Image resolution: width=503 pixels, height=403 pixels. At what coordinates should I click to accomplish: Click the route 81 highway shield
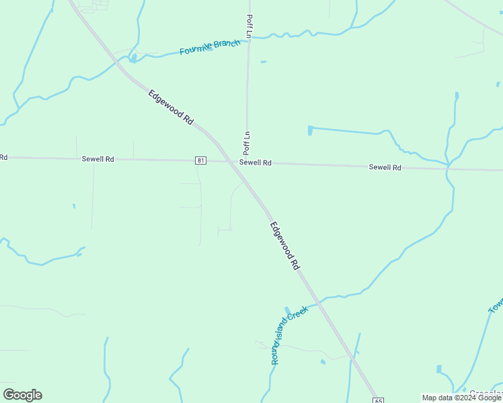click(201, 161)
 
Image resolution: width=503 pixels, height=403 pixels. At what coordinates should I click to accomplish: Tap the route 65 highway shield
click(379, 400)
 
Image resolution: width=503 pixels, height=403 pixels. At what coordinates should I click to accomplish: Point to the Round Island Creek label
click(289, 335)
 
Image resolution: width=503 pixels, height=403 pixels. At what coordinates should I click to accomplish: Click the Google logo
click(22, 395)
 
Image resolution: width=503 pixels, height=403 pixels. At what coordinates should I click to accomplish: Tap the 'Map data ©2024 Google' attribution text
click(462, 398)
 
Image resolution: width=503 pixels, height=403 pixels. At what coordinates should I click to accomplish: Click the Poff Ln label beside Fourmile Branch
click(249, 26)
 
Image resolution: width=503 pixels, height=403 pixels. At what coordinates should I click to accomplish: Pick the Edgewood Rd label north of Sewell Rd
click(171, 107)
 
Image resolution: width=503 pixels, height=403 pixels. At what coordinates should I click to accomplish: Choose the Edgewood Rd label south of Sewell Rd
click(284, 246)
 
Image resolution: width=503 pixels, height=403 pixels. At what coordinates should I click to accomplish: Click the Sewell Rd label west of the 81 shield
click(98, 159)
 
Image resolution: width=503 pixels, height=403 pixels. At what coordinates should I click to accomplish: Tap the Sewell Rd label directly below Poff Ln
click(256, 163)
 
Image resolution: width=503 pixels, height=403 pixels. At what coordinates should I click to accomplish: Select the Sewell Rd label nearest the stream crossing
click(385, 167)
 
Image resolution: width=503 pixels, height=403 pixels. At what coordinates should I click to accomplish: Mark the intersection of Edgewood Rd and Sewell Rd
click(232, 161)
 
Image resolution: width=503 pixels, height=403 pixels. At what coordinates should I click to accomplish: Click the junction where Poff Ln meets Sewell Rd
click(247, 162)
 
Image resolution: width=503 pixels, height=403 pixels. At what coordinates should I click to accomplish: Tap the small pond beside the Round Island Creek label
click(288, 310)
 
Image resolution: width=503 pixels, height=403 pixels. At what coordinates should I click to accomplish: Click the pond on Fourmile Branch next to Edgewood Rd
click(133, 58)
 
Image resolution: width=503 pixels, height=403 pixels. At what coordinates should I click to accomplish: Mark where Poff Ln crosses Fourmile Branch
click(249, 40)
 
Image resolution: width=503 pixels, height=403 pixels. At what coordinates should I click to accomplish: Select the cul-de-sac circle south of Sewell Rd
click(231, 229)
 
